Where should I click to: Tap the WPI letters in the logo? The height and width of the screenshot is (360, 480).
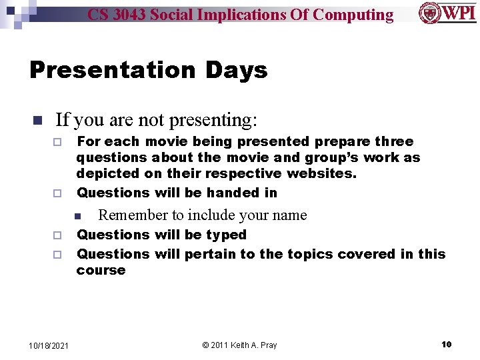click(x=458, y=13)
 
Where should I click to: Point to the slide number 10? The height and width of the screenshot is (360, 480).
click(x=446, y=344)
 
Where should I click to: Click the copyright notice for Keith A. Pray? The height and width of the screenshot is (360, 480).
click(x=239, y=345)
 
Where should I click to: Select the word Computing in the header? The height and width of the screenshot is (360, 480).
click(x=353, y=15)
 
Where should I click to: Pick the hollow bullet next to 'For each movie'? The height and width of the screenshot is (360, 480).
click(x=57, y=143)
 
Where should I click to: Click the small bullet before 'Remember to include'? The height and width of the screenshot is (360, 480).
click(x=77, y=216)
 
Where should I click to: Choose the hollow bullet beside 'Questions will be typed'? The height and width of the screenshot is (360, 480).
click(x=57, y=235)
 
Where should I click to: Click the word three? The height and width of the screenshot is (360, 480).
click(x=394, y=141)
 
